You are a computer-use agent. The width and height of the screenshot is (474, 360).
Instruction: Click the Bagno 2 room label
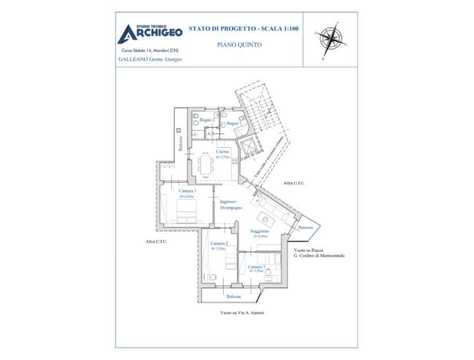(207, 119)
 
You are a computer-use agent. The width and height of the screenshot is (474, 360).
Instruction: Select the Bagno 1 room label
(233, 124)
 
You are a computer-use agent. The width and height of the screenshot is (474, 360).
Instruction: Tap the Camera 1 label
(188, 192)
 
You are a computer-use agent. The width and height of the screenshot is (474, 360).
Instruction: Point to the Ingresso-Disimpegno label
(230, 204)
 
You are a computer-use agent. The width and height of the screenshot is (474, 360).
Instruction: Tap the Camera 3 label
(256, 267)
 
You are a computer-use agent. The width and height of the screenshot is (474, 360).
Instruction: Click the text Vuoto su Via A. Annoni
(241, 312)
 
